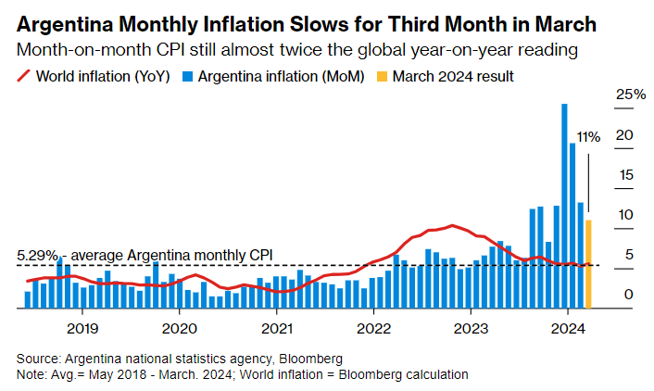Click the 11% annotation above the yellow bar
[x=588, y=136]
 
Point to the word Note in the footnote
[x=31, y=373]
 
